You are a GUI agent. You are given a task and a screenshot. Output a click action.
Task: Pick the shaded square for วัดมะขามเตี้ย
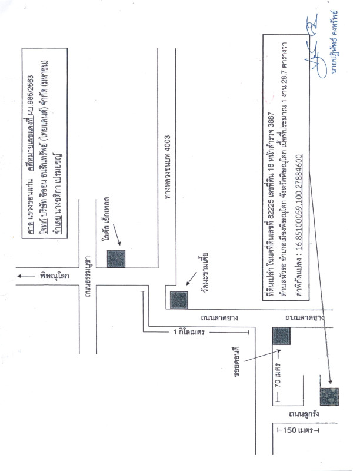tap(179, 300)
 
